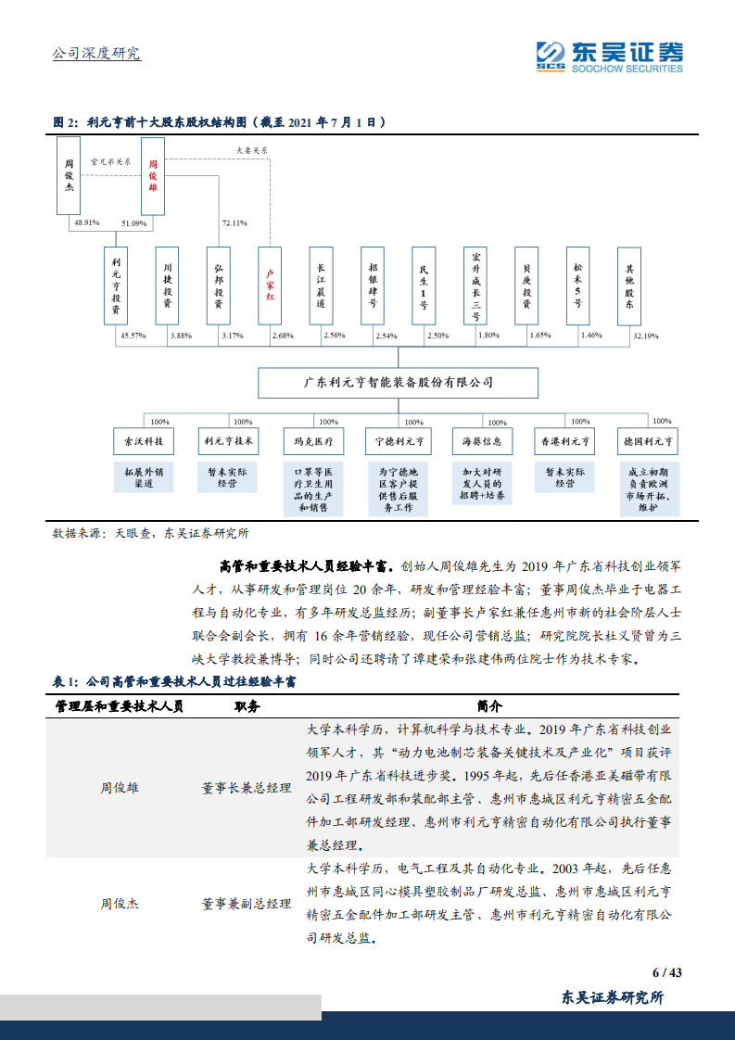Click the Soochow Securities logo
coord(610,57)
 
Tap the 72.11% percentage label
coord(234,223)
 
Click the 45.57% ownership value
coord(133,336)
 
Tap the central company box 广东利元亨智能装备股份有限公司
coord(398,382)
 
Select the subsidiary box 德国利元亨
coord(649,441)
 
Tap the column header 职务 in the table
coord(247,705)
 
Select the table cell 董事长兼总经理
coord(247,788)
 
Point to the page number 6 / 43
coord(666,972)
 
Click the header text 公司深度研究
coord(96,53)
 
